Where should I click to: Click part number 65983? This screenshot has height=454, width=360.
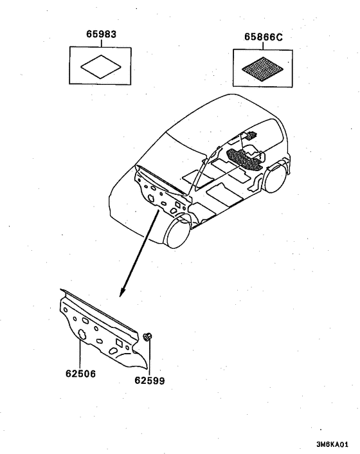[102, 34]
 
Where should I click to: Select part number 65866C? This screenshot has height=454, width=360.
[264, 37]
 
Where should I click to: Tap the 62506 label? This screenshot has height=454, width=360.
[80, 374]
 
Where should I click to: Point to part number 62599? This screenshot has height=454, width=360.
[150, 381]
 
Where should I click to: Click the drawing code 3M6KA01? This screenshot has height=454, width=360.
[332, 444]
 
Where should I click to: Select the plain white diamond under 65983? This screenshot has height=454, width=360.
[101, 67]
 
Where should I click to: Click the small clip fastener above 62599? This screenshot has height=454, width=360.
[148, 337]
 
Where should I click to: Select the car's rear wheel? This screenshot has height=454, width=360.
[274, 177]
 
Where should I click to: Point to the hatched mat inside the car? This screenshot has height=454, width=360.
[245, 159]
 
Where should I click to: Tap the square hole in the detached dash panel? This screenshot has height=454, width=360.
[119, 343]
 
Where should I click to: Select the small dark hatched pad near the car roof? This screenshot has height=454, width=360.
[251, 135]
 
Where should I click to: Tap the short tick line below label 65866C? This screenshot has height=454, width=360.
[263, 46]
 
